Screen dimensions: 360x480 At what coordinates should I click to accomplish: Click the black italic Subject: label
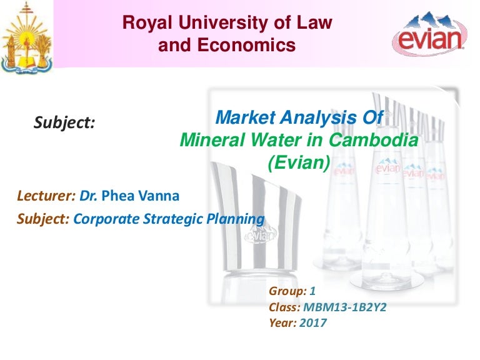click(x=64, y=123)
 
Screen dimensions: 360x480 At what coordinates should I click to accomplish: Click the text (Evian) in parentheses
click(x=298, y=162)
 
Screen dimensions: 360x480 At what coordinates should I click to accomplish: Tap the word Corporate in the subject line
click(x=102, y=219)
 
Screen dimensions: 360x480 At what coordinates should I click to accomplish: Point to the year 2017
click(x=313, y=322)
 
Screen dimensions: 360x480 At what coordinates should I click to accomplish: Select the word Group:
click(x=287, y=292)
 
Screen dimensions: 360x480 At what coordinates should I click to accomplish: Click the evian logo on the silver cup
click(x=262, y=236)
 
